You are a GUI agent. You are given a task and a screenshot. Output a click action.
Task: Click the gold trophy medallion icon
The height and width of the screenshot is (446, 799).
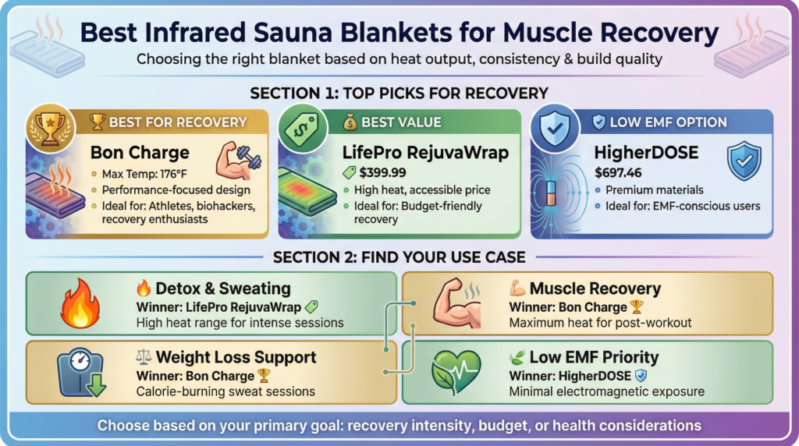click(x=51, y=129)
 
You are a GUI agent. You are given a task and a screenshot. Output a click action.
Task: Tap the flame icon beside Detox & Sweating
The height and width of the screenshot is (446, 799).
click(x=80, y=305)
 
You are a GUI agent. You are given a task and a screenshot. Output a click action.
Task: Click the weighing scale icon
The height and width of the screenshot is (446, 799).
click(x=80, y=372)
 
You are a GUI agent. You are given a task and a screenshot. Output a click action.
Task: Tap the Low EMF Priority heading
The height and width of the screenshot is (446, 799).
click(x=594, y=357)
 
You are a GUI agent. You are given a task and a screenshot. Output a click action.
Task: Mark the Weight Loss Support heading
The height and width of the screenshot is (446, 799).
click(x=236, y=357)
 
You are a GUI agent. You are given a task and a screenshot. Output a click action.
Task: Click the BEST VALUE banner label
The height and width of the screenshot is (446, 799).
click(x=399, y=122)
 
